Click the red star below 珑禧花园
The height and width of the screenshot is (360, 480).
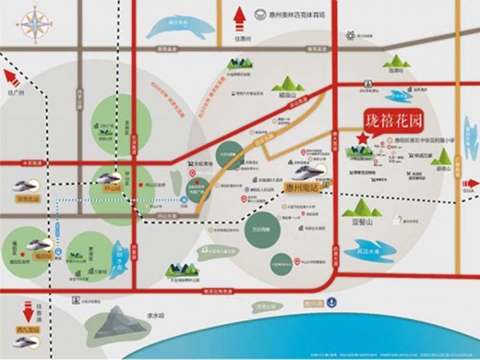click(364, 138)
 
